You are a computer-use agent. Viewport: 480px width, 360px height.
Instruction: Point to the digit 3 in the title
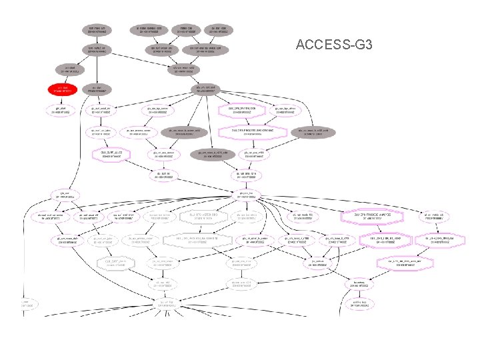click(x=387, y=45)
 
